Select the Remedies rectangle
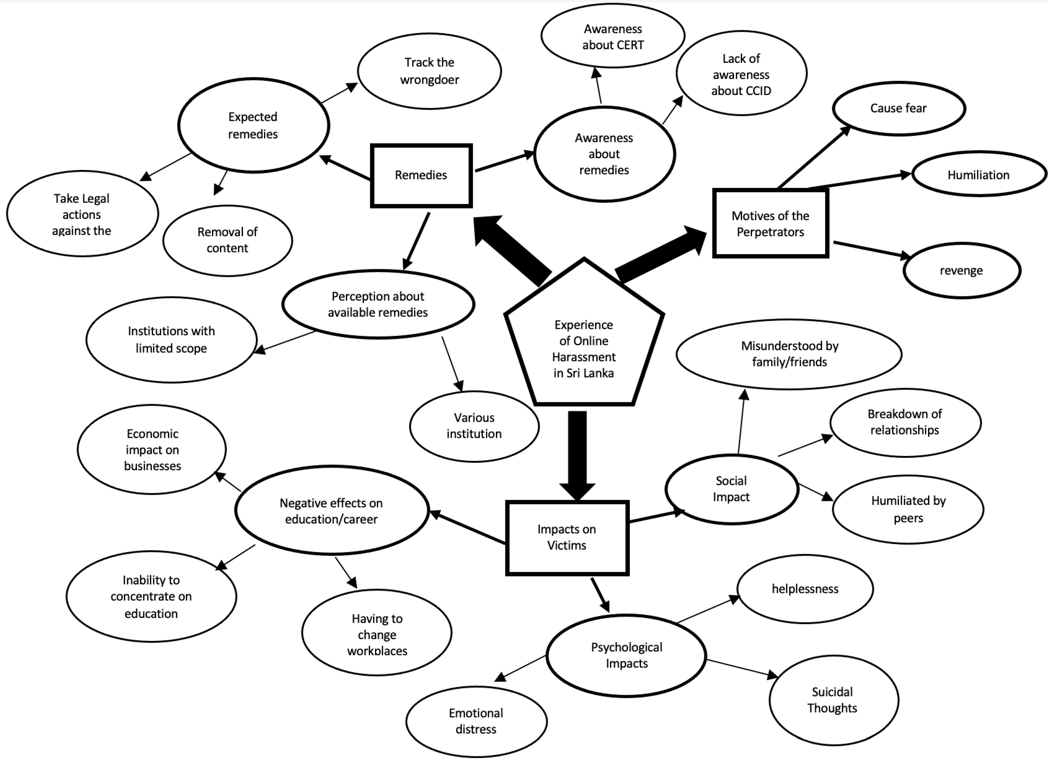pyautogui.click(x=421, y=175)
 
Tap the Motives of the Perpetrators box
pyautogui.click(x=770, y=223)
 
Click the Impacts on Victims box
pyautogui.click(x=567, y=538)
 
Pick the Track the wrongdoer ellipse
pyautogui.click(x=429, y=71)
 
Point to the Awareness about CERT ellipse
pyautogui.click(x=613, y=36)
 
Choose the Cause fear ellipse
pyautogui.click(x=898, y=109)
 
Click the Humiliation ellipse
pyautogui.click(x=978, y=175)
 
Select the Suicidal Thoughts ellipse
pyautogui.click(x=833, y=700)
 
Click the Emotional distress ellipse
pyautogui.click(x=476, y=721)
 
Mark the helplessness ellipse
pyautogui.click(x=805, y=589)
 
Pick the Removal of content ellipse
pyautogui.click(x=227, y=240)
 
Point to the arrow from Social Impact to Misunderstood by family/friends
pyautogui.click(x=741, y=423)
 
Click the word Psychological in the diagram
pyautogui.click(x=626, y=647)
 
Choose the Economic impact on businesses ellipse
pyautogui.click(x=152, y=450)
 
